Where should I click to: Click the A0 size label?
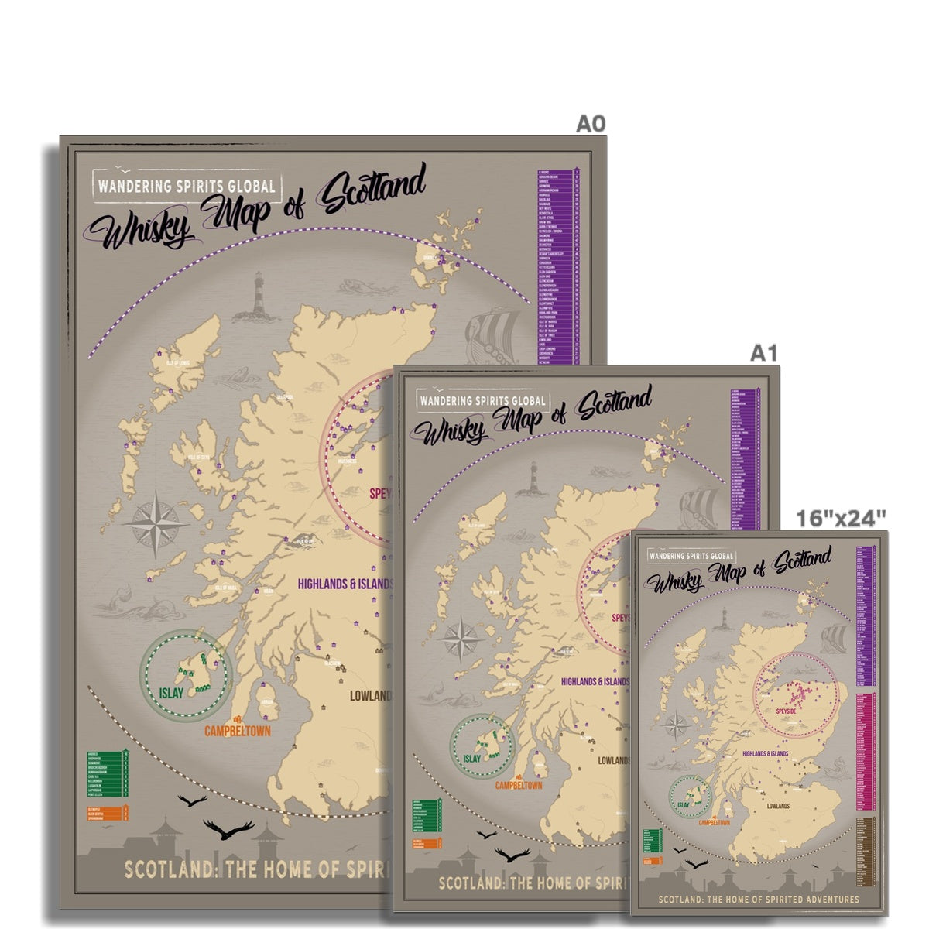click(x=590, y=124)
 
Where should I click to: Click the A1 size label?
click(x=763, y=353)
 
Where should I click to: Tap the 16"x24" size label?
click(x=841, y=518)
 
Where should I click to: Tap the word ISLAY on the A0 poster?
click(x=171, y=693)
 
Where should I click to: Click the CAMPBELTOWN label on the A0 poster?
click(x=238, y=731)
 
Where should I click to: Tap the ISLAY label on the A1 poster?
click(x=471, y=759)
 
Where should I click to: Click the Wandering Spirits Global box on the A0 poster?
click(x=187, y=186)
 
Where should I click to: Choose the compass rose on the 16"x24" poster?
click(x=677, y=726)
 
